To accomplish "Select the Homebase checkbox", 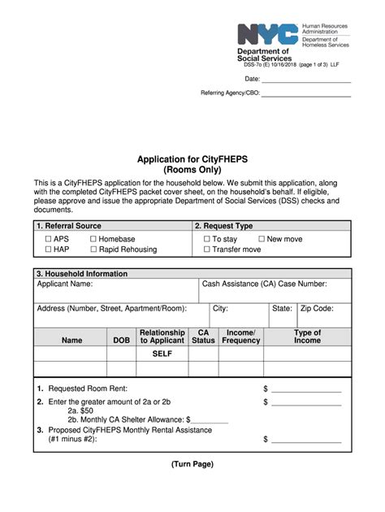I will pos(93,239).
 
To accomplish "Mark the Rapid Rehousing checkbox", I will pos(93,249).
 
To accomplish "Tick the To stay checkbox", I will pos(206,239).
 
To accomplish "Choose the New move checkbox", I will pos(262,239).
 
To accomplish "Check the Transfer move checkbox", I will pos(206,249).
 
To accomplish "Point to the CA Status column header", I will pos(203,336).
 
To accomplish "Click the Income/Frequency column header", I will pos(241,336).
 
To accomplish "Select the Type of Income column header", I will pos(307,336).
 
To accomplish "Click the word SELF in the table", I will pos(162,354).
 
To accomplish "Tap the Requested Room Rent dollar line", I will pos(306,390).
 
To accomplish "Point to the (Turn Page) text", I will pos(192,464).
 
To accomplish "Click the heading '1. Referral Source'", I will pos(69,226).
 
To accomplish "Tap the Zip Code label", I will pos(317,309).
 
